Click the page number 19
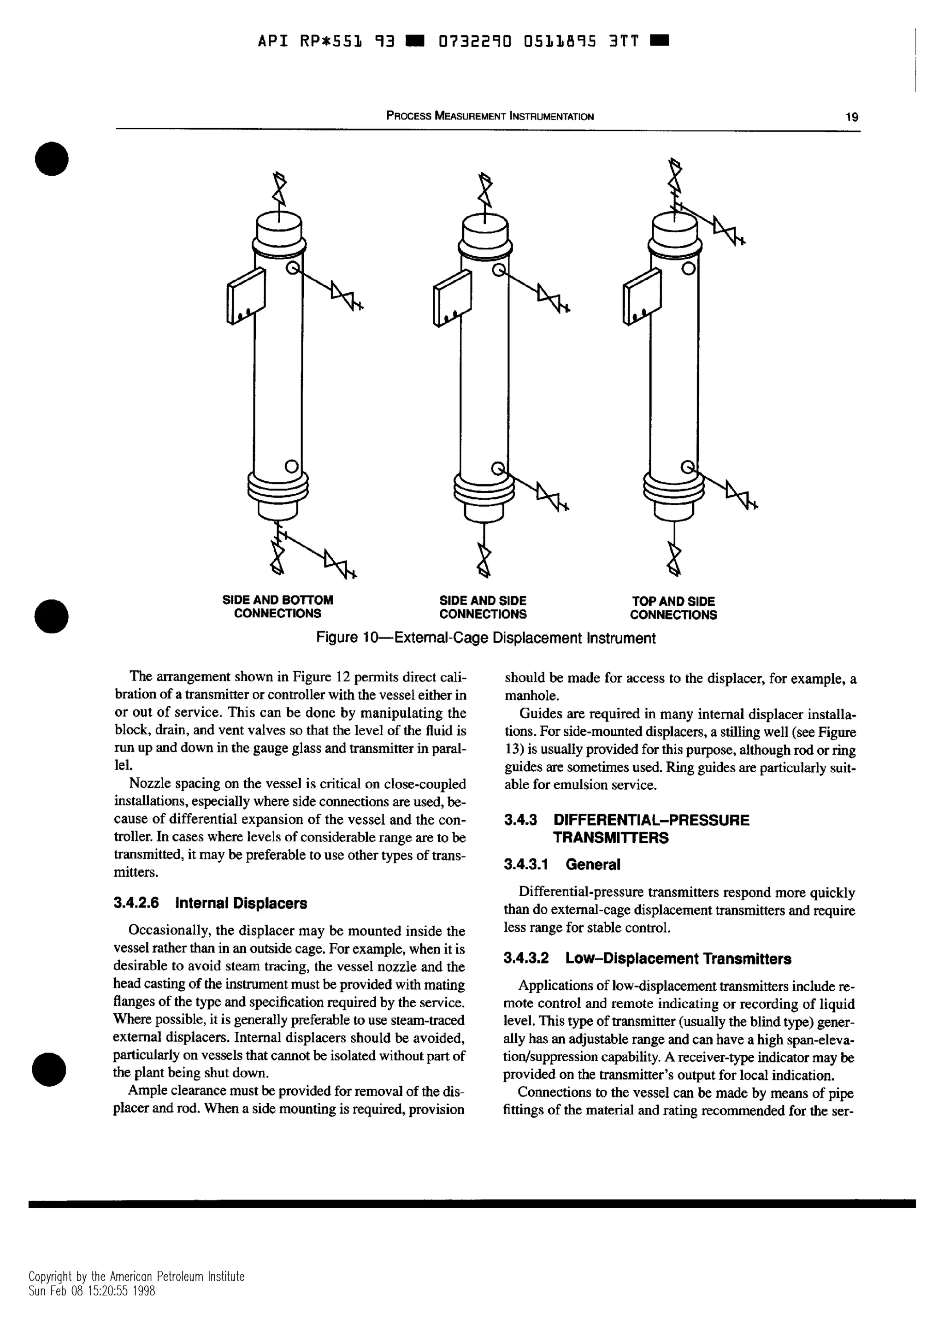pyautogui.click(x=851, y=117)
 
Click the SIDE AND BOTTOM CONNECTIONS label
pyautogui.click(x=277, y=607)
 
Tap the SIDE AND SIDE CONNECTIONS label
pyautogui.click(x=483, y=607)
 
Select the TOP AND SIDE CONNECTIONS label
pyautogui.click(x=673, y=608)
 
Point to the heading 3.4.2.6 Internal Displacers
pyautogui.click(x=210, y=903)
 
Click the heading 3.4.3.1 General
pyautogui.click(x=562, y=865)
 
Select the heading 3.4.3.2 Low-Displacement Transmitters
pyautogui.click(x=647, y=958)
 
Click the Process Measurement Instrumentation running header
pyautogui.click(x=490, y=116)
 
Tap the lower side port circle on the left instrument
pyautogui.click(x=291, y=466)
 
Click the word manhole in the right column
pyautogui.click(x=524, y=695)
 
